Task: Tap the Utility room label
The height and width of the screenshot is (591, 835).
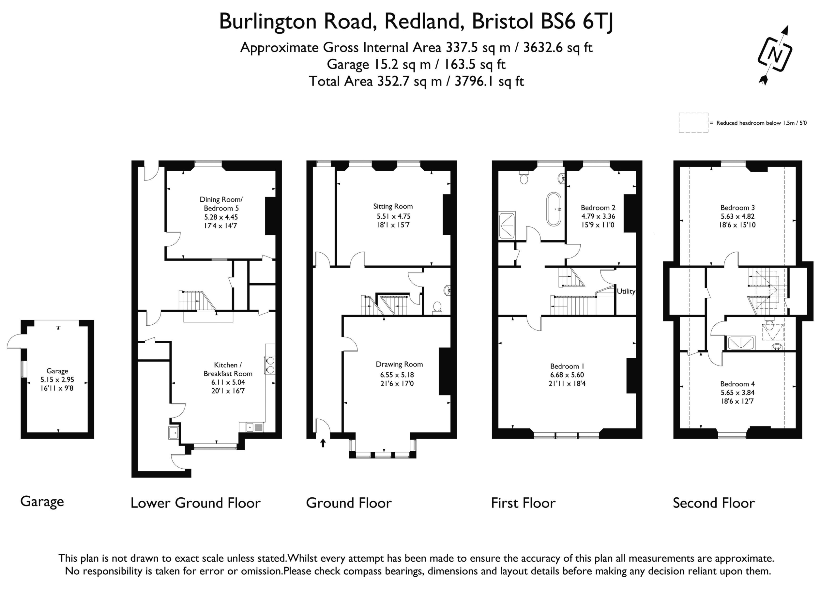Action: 626,291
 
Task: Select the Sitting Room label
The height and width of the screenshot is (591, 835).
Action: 393,206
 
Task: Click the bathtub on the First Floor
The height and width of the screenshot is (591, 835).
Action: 554,209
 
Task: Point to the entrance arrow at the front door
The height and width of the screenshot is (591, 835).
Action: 323,443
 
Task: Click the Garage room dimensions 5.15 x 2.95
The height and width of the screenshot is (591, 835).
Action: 57,380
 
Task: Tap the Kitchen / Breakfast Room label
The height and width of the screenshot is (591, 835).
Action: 228,369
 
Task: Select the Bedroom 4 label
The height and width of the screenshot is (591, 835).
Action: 737,384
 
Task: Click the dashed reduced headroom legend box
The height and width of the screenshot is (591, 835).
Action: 693,123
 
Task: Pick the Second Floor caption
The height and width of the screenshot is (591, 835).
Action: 714,503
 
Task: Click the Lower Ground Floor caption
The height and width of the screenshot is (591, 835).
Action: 196,503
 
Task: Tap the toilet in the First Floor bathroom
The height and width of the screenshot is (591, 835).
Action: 524,177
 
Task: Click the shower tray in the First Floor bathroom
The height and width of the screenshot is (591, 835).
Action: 507,226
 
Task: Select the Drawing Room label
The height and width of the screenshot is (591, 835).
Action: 399,364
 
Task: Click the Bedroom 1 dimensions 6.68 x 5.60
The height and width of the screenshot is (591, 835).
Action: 567,375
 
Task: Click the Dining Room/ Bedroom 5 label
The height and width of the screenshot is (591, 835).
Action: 221,204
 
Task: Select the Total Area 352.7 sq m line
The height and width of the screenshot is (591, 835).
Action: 416,81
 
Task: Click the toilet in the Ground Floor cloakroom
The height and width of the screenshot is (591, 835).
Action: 437,308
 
